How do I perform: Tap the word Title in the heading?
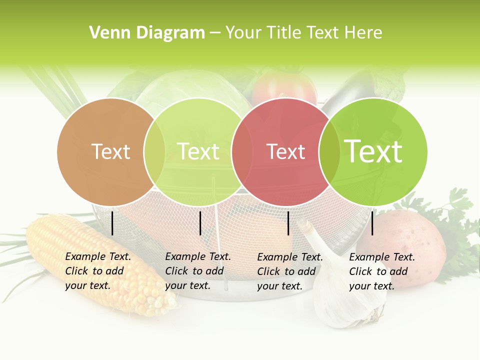pos(286,33)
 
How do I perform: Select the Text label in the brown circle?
pos(110,151)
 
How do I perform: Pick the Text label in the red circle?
pos(285,151)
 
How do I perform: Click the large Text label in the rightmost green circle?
pos(373,151)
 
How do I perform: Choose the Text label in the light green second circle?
pos(198,151)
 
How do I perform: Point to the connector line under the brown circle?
pos(112,223)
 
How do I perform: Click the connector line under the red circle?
pos(288,223)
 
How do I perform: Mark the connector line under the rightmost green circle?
pos(372,223)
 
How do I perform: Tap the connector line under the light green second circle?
pos(200,223)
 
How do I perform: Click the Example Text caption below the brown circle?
pos(97,271)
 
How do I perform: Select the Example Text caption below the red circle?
pos(289,271)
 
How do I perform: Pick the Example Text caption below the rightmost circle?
pos(381,271)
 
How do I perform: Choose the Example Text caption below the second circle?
pos(197,271)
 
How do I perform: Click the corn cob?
pos(100,265)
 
